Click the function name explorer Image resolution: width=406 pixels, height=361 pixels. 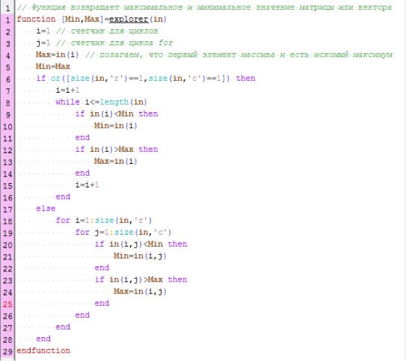(129, 19)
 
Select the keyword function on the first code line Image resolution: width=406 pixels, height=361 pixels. (36, 19)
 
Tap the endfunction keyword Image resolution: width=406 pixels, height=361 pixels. (43, 351)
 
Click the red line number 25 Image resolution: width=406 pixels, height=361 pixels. (7, 304)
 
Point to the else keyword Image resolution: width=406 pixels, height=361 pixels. (46, 209)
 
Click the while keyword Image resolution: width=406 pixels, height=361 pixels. (67, 102)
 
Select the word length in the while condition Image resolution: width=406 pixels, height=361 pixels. (114, 102)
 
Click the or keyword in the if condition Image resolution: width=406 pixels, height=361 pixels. (55, 78)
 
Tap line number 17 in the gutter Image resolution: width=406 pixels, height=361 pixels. (7, 209)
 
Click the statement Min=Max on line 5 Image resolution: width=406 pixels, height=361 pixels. (53, 67)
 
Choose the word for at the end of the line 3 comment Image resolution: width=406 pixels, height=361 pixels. (166, 43)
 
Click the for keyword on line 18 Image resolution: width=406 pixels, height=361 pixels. (63, 220)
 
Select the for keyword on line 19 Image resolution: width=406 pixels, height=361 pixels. (82, 232)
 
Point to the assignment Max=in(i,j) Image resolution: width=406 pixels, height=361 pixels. (140, 291)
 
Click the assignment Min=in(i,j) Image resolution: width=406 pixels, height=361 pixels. (140, 256)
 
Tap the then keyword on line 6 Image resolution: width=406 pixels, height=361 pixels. (246, 78)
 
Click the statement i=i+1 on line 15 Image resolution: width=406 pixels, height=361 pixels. (87, 185)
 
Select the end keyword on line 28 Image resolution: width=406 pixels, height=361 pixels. (43, 339)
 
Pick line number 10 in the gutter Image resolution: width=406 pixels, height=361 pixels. (7, 126)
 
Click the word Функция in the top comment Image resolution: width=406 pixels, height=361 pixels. (48, 7)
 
